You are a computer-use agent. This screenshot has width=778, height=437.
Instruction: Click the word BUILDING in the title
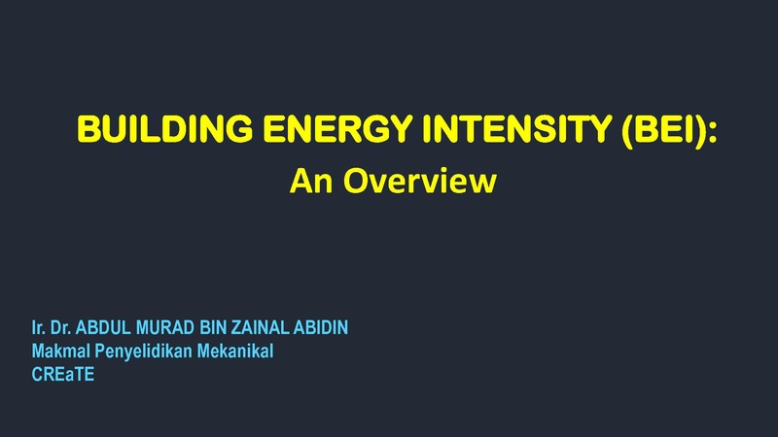coord(164,129)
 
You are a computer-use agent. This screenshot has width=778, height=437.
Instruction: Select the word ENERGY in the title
coord(337,129)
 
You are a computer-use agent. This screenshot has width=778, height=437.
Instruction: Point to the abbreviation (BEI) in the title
coord(663,130)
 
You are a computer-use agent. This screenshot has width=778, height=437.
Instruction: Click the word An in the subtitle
coord(310,181)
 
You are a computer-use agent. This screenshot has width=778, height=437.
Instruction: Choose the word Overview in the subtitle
coord(420,181)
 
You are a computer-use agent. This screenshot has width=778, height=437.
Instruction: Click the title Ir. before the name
coord(38,327)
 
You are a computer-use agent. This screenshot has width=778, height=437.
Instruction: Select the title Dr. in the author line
coord(61,327)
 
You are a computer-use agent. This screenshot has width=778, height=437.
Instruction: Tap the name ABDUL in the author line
coord(103,327)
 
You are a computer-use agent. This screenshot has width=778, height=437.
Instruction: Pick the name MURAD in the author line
coord(165,327)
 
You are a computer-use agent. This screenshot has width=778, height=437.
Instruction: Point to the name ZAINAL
coord(261,327)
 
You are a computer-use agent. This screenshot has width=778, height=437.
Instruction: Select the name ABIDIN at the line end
coord(321,327)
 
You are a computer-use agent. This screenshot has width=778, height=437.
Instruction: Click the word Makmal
coord(61,351)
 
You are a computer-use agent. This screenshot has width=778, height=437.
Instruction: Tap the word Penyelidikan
coord(143,352)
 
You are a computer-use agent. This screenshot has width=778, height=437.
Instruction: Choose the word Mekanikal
coord(235,351)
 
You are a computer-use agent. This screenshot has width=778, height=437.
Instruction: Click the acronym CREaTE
coord(63,375)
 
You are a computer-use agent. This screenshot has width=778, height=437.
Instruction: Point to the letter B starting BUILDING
coord(88,129)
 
